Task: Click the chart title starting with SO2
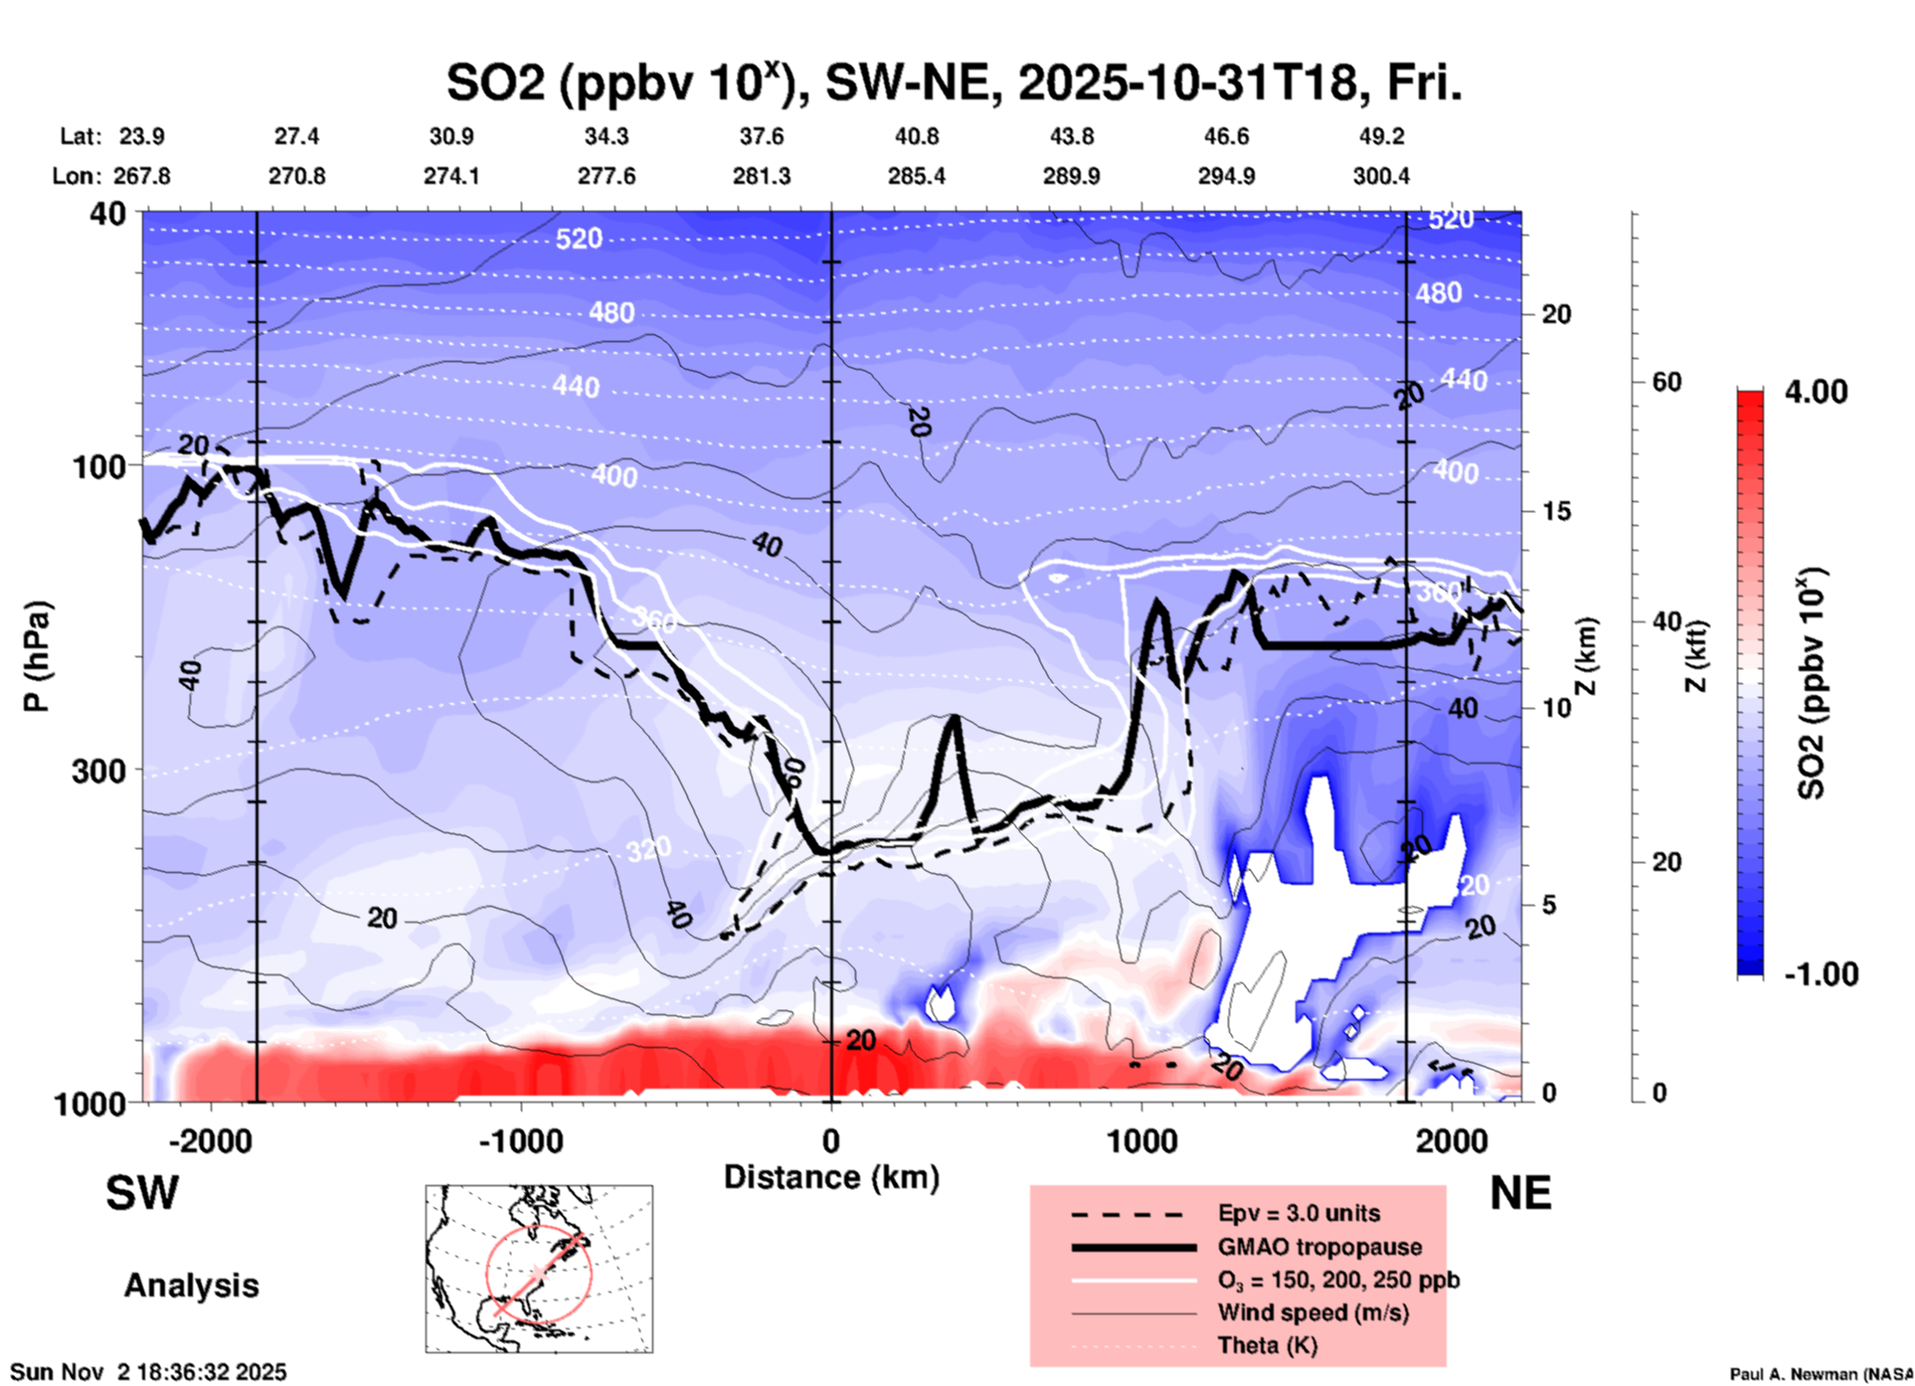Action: pos(954,84)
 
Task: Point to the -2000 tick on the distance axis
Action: pos(210,1140)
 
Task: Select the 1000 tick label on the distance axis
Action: pos(1141,1140)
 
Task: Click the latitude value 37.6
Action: pos(761,136)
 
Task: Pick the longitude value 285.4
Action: pos(916,176)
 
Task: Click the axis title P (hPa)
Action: pos(37,656)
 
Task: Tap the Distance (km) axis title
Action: pos(831,1177)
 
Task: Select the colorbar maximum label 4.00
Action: pos(1816,392)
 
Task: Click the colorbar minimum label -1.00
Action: pos(1821,974)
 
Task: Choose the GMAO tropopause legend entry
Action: pos(1319,1247)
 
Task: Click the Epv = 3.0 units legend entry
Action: pos(1299,1213)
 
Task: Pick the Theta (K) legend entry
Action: pos(1267,1345)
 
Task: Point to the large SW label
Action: pos(142,1193)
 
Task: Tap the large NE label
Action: pos(1520,1193)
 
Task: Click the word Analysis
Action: pos(191,1286)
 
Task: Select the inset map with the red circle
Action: pos(539,1269)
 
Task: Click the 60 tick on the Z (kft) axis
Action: pos(1666,382)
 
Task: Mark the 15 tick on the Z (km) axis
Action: pos(1556,511)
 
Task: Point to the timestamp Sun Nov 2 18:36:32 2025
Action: pos(149,1372)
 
